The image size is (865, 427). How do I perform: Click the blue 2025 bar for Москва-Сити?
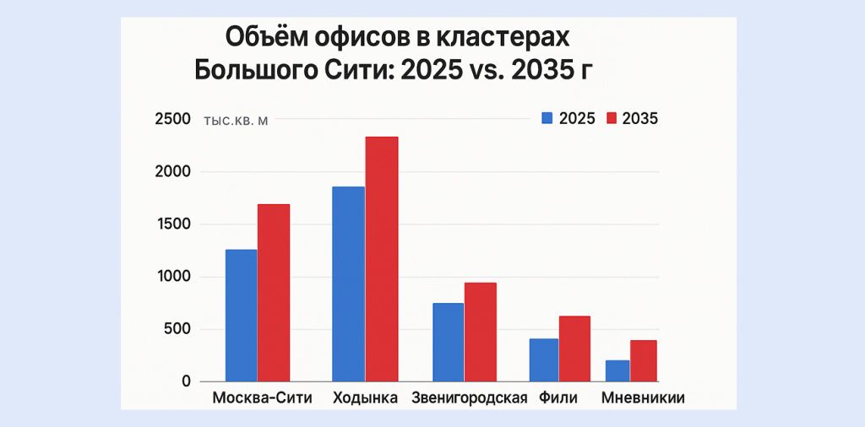[241, 316]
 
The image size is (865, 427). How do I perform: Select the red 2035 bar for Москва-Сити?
[274, 293]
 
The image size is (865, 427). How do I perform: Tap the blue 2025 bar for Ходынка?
[349, 284]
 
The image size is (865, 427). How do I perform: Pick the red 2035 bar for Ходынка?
[382, 259]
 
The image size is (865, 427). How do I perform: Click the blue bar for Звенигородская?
[448, 342]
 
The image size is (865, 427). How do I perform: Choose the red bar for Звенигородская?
[481, 332]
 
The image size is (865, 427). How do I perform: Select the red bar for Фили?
[574, 349]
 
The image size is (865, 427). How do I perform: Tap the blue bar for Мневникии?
[617, 370]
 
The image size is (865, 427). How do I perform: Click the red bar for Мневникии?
[643, 360]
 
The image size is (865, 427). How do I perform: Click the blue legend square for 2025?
[547, 119]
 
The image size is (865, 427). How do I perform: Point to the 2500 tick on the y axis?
[173, 119]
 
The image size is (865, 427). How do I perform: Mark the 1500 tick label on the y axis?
[173, 224]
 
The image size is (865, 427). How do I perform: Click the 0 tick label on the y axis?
[186, 381]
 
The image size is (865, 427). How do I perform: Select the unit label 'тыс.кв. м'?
[236, 121]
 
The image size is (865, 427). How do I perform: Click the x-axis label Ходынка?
[365, 398]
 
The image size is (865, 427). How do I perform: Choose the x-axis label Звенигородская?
[469, 398]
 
